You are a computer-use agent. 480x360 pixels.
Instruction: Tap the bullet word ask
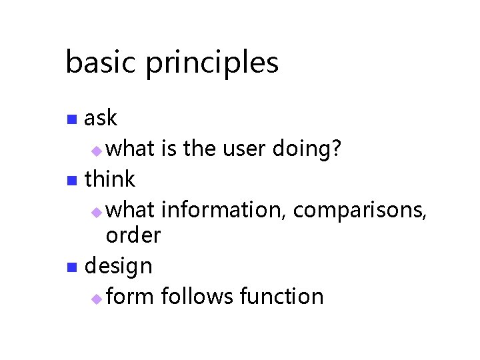tap(101, 118)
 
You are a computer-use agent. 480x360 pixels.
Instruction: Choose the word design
tap(119, 267)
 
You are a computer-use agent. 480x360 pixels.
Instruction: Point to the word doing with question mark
tap(308, 149)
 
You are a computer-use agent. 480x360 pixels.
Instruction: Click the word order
tap(133, 235)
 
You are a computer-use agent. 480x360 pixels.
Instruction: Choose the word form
tap(131, 296)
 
